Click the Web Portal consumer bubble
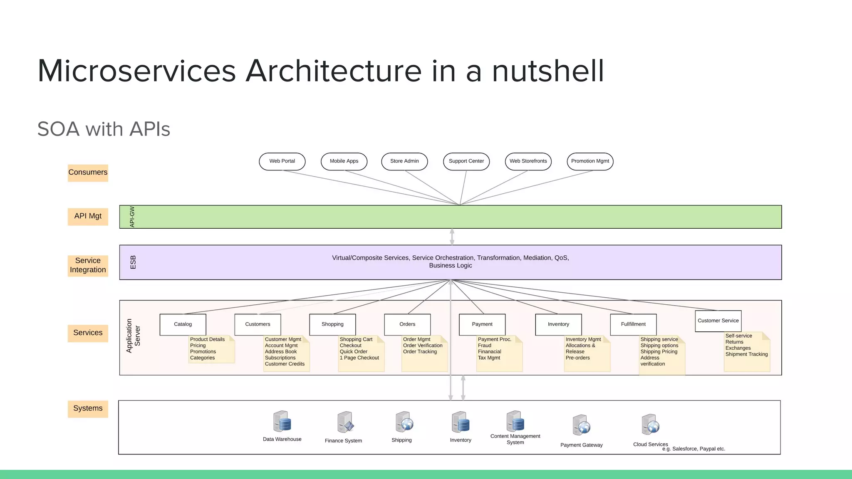(x=282, y=161)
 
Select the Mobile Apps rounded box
(x=344, y=161)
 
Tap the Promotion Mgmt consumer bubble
(x=590, y=161)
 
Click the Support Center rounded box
(x=466, y=161)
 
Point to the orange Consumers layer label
(x=88, y=173)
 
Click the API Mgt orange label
(x=88, y=216)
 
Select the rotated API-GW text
(x=132, y=217)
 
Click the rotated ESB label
(x=133, y=262)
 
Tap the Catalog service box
(x=183, y=324)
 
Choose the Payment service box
(x=482, y=324)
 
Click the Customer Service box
(x=718, y=321)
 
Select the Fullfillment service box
(x=633, y=324)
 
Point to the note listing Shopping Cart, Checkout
(x=361, y=353)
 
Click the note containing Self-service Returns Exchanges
(x=747, y=351)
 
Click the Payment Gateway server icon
(x=581, y=425)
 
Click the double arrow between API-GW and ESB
(x=452, y=237)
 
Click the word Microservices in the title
(x=137, y=71)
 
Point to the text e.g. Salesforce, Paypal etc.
(x=693, y=449)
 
